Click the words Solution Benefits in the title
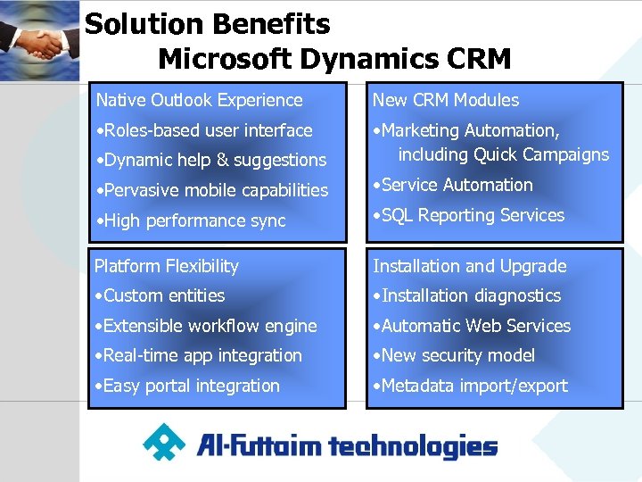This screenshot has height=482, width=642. click(207, 24)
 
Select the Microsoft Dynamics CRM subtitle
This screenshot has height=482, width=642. click(334, 59)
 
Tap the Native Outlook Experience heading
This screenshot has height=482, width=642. click(199, 100)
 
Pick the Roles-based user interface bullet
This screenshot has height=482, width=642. click(204, 130)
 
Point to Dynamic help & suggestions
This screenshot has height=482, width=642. click(211, 160)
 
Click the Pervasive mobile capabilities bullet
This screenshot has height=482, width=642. click(212, 190)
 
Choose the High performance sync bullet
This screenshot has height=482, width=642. click(191, 220)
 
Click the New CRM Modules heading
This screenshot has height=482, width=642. click(445, 100)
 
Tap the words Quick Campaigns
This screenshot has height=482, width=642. click(541, 154)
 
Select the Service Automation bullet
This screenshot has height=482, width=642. click(453, 185)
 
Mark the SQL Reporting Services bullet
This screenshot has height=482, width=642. click(469, 215)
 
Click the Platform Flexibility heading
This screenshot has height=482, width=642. click(167, 266)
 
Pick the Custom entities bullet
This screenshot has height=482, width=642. click(160, 295)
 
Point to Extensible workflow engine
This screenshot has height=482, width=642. click(206, 326)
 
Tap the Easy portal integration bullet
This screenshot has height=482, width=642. click(187, 386)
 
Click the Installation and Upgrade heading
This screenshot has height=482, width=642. click(469, 266)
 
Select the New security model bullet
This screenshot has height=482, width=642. click(454, 355)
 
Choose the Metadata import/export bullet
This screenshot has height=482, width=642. click(470, 386)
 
